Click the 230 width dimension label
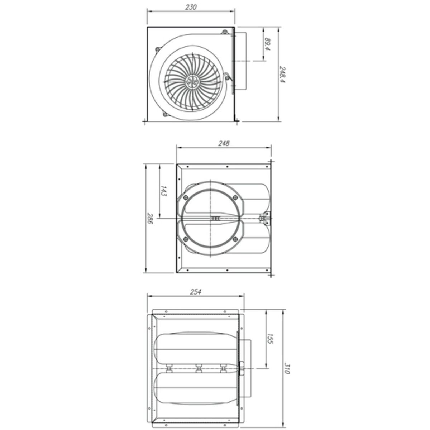(191, 8)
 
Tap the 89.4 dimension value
(267, 44)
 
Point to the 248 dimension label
(224, 143)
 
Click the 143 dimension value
(163, 190)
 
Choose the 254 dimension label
(196, 291)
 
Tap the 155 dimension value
(270, 339)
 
